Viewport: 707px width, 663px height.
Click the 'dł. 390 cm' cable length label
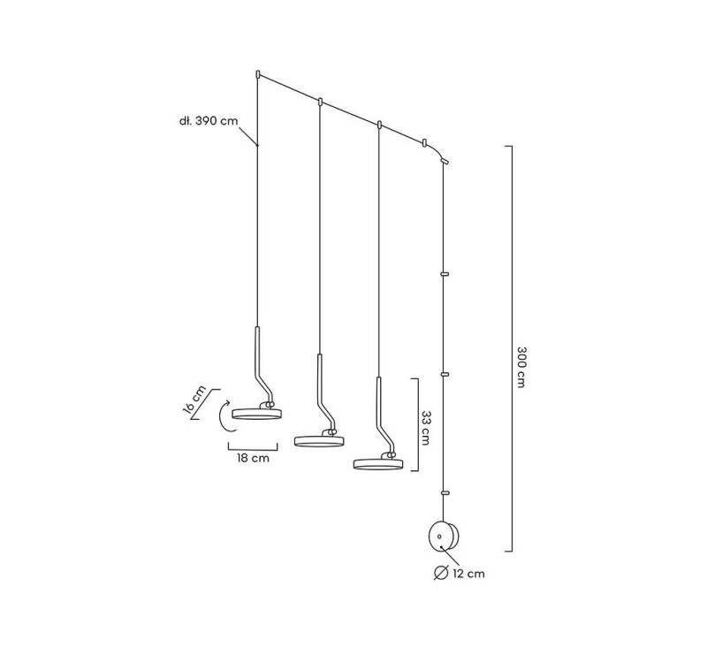[x=209, y=121]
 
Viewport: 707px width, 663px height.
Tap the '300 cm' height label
[x=521, y=367]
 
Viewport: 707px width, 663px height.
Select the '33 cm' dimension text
[x=425, y=428]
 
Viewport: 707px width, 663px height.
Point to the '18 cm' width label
[x=253, y=458]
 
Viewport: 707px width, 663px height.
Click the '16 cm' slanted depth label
[x=194, y=400]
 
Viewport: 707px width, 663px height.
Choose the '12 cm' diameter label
[x=469, y=574]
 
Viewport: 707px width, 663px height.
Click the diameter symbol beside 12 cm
[x=440, y=572]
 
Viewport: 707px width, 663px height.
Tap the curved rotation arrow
[x=225, y=416]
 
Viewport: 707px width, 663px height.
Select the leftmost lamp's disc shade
[x=256, y=414]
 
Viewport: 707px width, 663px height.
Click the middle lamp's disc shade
[x=319, y=441]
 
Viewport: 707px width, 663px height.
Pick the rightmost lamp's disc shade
[x=378, y=463]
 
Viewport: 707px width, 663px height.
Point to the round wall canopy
[x=444, y=537]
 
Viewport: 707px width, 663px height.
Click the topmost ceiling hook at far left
[x=257, y=74]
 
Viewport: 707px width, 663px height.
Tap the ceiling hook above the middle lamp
[x=320, y=102]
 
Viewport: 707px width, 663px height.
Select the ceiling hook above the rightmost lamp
[x=380, y=125]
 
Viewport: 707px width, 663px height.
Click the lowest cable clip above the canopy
[x=445, y=493]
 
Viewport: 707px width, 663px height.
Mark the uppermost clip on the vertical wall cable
[x=445, y=273]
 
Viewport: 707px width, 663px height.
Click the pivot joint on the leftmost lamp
[x=270, y=405]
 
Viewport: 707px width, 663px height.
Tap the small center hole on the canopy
[x=439, y=537]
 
